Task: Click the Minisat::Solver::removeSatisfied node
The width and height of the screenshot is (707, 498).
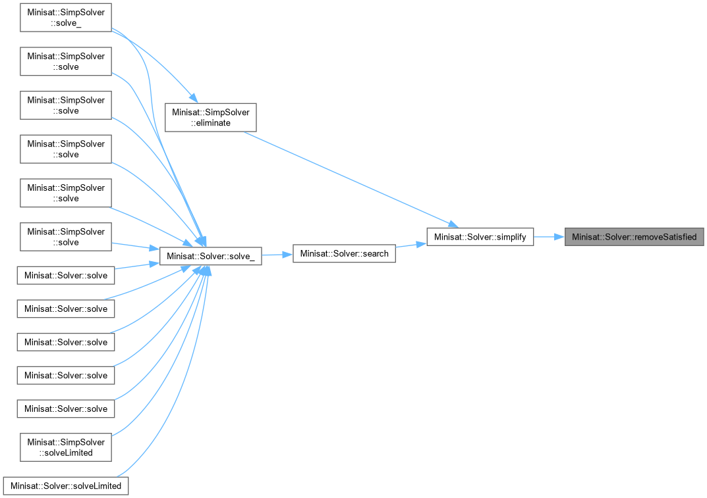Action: click(634, 237)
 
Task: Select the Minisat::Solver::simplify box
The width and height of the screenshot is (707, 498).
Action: click(480, 237)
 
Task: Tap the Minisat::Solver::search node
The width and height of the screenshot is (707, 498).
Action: click(344, 253)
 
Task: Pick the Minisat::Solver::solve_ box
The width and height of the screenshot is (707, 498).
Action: click(211, 255)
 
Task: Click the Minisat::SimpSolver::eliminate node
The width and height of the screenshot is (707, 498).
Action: click(210, 117)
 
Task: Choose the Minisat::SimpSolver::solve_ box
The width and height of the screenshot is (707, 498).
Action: click(66, 18)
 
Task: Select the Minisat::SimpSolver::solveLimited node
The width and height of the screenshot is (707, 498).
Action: click(66, 447)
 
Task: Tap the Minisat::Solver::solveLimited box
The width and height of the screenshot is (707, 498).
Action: click(66, 486)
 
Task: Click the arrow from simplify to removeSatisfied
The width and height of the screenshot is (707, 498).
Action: click(549, 237)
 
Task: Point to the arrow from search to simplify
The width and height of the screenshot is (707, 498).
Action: click(411, 246)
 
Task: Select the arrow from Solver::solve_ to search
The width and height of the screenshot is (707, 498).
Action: click(277, 255)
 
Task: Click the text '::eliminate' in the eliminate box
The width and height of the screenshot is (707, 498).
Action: click(210, 123)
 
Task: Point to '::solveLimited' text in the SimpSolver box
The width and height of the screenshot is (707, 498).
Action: click(66, 453)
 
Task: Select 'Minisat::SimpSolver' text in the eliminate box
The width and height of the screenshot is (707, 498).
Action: click(210, 112)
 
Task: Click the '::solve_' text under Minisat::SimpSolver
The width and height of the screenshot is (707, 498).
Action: click(66, 24)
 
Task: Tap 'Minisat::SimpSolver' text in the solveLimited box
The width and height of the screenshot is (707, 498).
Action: click(66, 441)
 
